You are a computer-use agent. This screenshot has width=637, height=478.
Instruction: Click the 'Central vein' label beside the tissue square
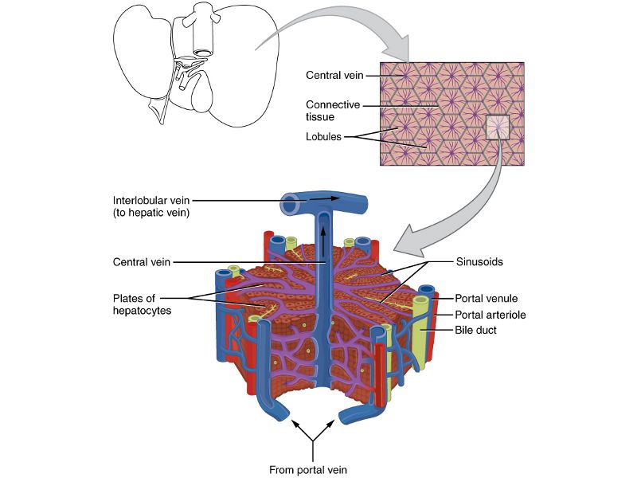(334, 76)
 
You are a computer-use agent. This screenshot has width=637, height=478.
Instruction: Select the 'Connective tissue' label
(334, 110)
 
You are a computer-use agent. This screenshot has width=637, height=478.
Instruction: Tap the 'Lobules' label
(323, 136)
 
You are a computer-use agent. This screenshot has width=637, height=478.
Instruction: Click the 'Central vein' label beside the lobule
(142, 261)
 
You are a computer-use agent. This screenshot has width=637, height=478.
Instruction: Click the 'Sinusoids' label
(478, 261)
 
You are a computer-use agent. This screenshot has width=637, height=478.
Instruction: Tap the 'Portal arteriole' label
(490, 315)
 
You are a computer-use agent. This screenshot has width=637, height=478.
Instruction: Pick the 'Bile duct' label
(475, 330)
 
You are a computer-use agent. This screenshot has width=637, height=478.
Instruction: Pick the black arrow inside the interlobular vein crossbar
(326, 198)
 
